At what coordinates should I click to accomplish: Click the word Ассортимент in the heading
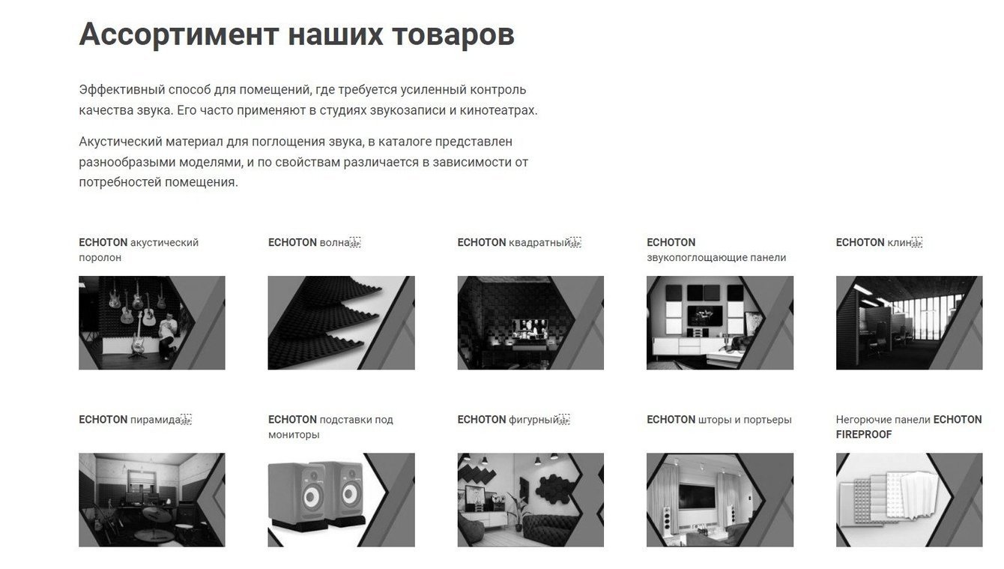[179, 34]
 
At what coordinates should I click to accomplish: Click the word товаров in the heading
[453, 35]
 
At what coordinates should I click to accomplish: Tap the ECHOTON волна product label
[314, 243]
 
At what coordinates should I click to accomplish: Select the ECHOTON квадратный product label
[518, 243]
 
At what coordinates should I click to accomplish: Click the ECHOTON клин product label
[878, 243]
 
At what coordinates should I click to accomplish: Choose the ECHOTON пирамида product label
[135, 420]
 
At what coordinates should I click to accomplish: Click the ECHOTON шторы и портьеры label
[719, 420]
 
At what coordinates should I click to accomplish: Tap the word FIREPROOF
[864, 435]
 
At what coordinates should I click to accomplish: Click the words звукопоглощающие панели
[716, 258]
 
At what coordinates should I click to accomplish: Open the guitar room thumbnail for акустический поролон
[152, 323]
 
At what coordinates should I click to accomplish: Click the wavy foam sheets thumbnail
[341, 323]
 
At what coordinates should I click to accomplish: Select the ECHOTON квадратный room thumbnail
[530, 323]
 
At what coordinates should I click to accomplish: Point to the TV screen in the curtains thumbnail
[696, 496]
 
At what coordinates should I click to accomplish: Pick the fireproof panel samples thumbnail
[909, 500]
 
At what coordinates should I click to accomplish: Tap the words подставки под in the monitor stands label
[357, 420]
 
